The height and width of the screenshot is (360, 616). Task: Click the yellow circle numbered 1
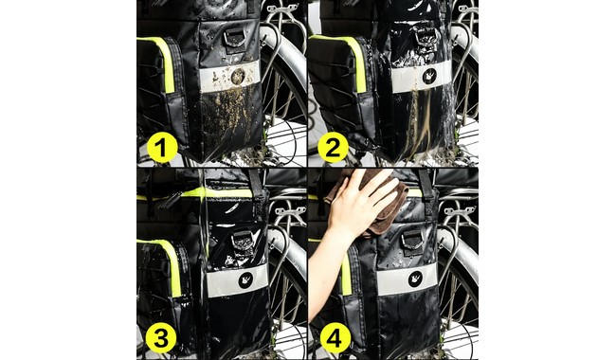pyautogui.click(x=162, y=148)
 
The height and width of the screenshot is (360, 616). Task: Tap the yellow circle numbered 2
pyautogui.click(x=333, y=148)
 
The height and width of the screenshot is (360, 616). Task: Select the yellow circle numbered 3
pyautogui.click(x=161, y=338)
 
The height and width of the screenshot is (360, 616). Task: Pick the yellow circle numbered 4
pyautogui.click(x=335, y=338)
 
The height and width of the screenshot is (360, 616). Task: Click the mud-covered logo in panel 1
pyautogui.click(x=238, y=76)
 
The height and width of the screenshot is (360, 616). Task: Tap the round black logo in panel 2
pyautogui.click(x=429, y=76)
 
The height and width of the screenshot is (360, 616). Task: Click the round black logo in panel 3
pyautogui.click(x=246, y=279)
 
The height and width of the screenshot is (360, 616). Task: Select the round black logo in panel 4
pyautogui.click(x=416, y=279)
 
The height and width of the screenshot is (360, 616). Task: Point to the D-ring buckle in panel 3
pyautogui.click(x=242, y=243)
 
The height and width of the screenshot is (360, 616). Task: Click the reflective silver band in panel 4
pyautogui.click(x=407, y=279)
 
